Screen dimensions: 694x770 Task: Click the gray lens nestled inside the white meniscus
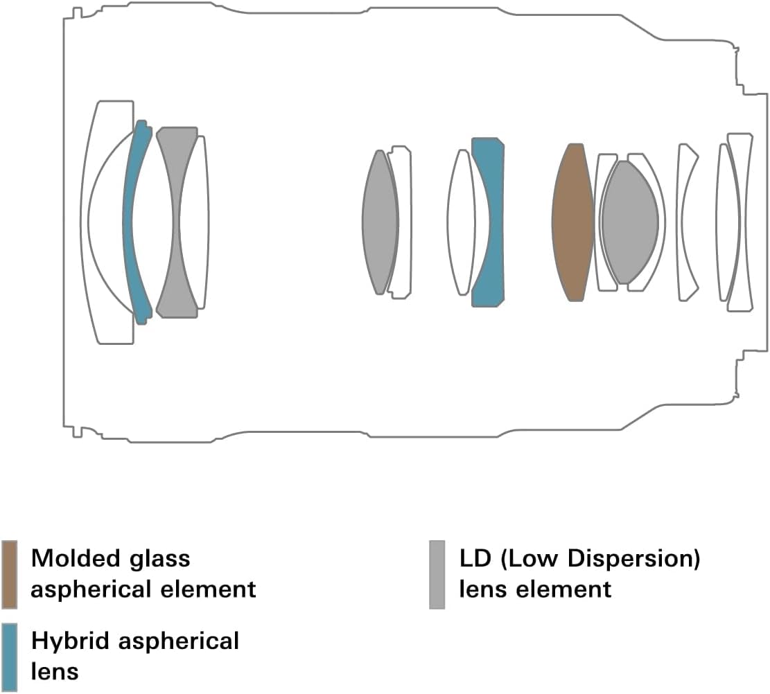pyautogui.click(x=629, y=222)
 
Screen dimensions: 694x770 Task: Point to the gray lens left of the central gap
pyautogui.click(x=380, y=222)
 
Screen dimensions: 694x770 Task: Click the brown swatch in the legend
pyautogui.click(x=10, y=574)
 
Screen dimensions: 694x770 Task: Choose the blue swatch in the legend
pyautogui.click(x=10, y=657)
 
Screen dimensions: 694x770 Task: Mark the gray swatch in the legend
pyautogui.click(x=437, y=574)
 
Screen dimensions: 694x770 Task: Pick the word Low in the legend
pyautogui.click(x=531, y=558)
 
